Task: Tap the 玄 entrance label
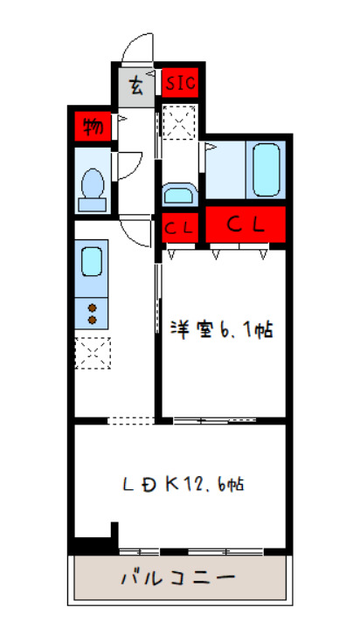[x=137, y=85]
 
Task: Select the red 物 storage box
[x=92, y=128]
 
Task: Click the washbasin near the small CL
[x=180, y=193]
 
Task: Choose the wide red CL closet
[x=246, y=224]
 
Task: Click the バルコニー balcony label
[x=177, y=578]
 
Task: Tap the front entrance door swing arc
[x=137, y=48]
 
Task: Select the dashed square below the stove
[x=92, y=354]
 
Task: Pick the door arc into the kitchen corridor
[x=138, y=231]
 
